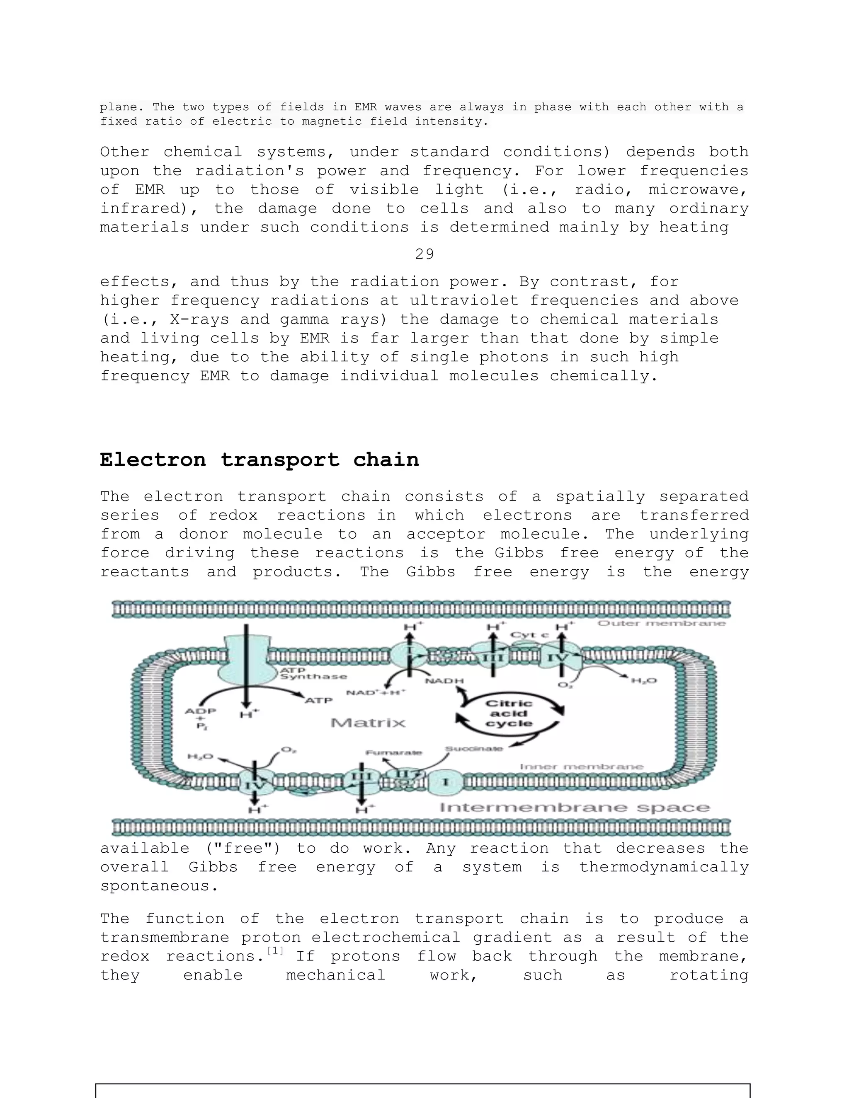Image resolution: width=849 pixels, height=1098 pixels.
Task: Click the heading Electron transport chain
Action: click(x=259, y=460)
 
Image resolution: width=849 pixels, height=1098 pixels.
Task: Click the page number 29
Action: click(x=424, y=254)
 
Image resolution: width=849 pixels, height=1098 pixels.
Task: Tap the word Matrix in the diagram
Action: click(x=368, y=723)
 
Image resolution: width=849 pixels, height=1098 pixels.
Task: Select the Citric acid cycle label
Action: click(x=509, y=713)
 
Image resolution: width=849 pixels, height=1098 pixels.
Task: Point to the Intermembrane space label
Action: click(x=575, y=808)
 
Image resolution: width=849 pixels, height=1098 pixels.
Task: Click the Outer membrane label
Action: click(x=661, y=624)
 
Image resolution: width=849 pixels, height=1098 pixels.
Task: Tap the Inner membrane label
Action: click(x=582, y=767)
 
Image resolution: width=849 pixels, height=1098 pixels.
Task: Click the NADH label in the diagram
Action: click(x=444, y=681)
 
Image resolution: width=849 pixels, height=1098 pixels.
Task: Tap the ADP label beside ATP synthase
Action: click(x=200, y=711)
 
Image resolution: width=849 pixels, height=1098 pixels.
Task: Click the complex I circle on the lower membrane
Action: click(x=445, y=782)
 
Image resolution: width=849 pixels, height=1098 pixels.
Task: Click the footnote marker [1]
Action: click(x=275, y=950)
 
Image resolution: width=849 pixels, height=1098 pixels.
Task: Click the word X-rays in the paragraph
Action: click(x=199, y=319)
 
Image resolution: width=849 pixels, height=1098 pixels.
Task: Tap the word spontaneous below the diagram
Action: click(x=159, y=886)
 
